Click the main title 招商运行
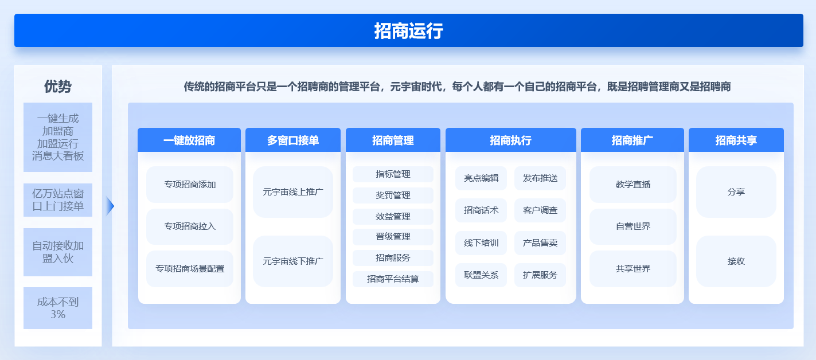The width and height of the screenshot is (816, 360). (x=408, y=31)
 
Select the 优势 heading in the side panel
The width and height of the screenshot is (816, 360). (x=58, y=87)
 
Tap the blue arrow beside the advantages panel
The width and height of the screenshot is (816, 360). (x=110, y=206)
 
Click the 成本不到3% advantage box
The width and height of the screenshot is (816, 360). (x=58, y=308)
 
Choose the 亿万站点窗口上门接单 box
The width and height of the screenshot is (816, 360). (x=58, y=200)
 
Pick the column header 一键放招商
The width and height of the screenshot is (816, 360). (x=189, y=140)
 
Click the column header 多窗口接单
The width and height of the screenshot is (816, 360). (x=293, y=140)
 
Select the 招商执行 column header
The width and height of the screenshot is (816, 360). (x=511, y=140)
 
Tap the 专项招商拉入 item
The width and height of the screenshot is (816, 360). (x=190, y=226)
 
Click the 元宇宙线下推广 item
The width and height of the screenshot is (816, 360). (x=293, y=261)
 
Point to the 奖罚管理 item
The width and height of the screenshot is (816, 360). (x=393, y=195)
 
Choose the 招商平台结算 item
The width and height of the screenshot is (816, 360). (x=393, y=279)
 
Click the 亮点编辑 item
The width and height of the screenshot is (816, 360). (x=481, y=178)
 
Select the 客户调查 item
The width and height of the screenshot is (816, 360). (x=540, y=210)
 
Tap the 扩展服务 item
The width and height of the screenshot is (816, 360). (x=540, y=275)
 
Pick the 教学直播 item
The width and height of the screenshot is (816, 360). (x=633, y=185)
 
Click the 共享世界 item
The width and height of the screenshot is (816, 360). (x=633, y=269)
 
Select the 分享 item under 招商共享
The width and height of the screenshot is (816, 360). (x=736, y=192)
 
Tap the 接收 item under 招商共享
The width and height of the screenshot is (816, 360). (x=736, y=261)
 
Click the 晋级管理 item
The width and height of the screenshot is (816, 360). (x=393, y=237)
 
